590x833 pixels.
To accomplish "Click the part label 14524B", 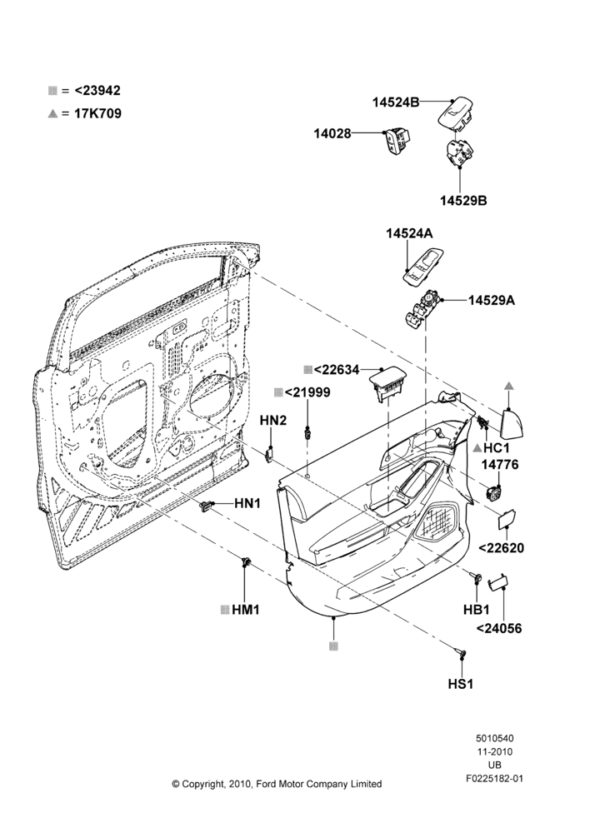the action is coord(396,103).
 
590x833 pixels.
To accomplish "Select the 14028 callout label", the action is coord(332,134).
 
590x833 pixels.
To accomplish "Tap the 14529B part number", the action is coord(463,201).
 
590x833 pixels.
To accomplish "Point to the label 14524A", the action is coord(409,233).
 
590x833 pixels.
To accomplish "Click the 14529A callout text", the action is coord(492,301).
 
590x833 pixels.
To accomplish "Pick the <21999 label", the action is coord(307,392).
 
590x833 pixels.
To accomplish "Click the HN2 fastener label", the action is coord(273,421).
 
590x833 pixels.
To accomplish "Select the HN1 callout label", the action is coord(247,503).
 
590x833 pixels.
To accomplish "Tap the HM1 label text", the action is coord(246,610).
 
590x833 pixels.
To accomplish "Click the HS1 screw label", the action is coord(460,684).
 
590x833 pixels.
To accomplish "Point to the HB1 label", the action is coord(477,610).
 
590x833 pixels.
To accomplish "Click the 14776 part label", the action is coord(500,465).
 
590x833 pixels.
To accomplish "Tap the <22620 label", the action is coord(501,548).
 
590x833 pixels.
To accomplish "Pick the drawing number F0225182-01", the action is coord(494,779).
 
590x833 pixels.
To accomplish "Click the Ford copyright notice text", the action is coord(277,784).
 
